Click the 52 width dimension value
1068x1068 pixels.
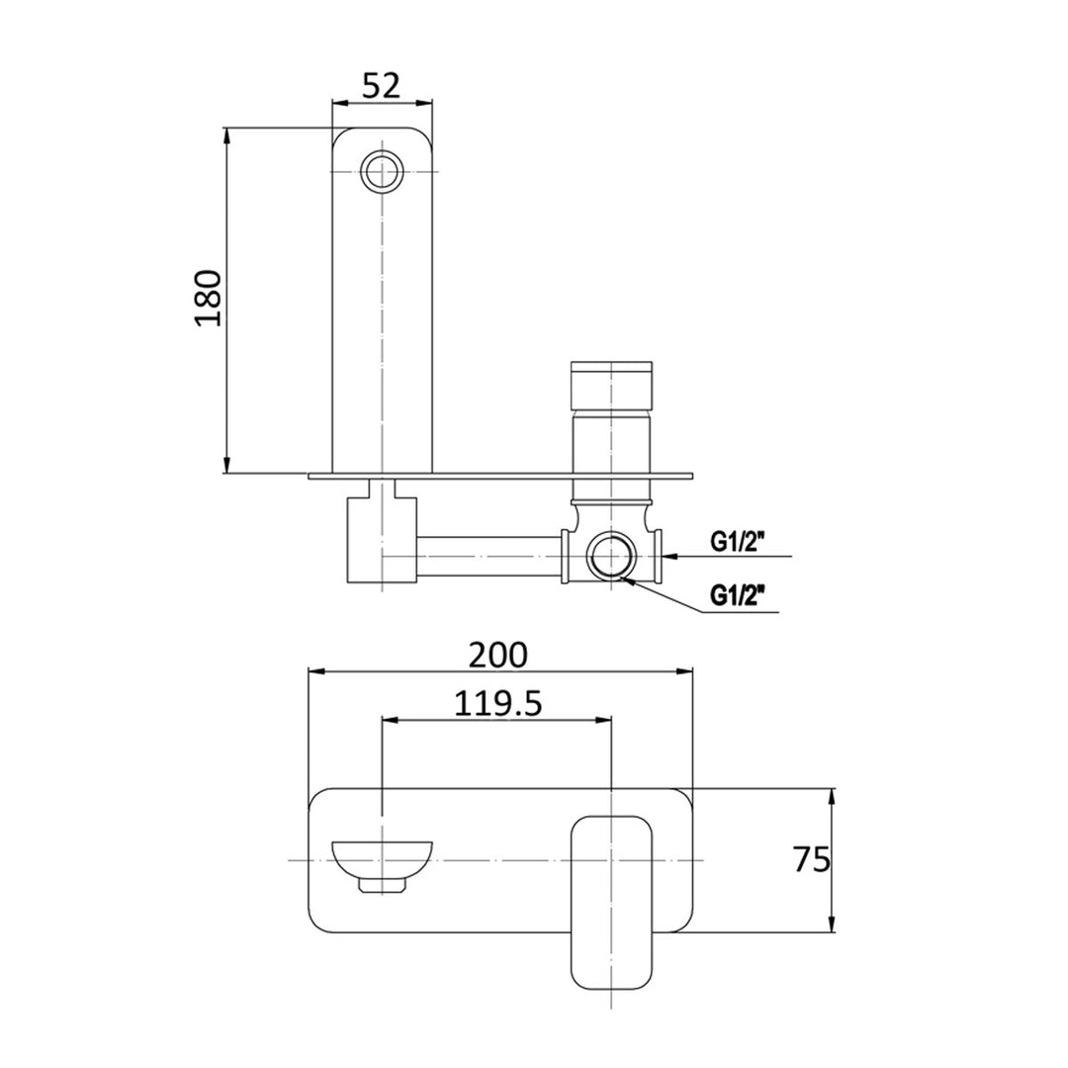pyautogui.click(x=381, y=86)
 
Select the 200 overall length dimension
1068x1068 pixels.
pyautogui.click(x=500, y=654)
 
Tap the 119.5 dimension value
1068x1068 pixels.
pyautogui.click(x=497, y=703)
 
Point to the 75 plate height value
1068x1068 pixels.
pyautogui.click(x=811, y=859)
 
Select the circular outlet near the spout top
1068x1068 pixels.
pyautogui.click(x=382, y=171)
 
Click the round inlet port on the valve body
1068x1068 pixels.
pyautogui.click(x=610, y=558)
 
